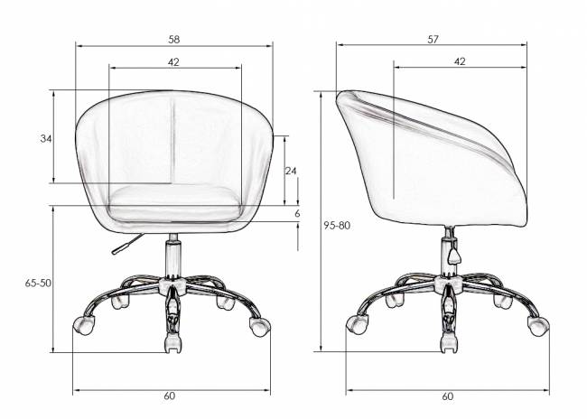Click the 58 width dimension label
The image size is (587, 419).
point(174,40)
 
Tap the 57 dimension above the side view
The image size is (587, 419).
point(433,40)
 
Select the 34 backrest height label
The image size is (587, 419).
point(46,139)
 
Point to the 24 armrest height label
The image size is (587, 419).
point(291,171)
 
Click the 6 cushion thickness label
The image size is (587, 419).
point(297,214)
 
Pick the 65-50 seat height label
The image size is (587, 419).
point(38,283)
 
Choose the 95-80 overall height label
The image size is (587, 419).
point(337,226)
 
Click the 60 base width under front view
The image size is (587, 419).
point(169,396)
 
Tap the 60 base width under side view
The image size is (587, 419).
point(447,396)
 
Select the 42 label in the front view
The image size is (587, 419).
point(173,62)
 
